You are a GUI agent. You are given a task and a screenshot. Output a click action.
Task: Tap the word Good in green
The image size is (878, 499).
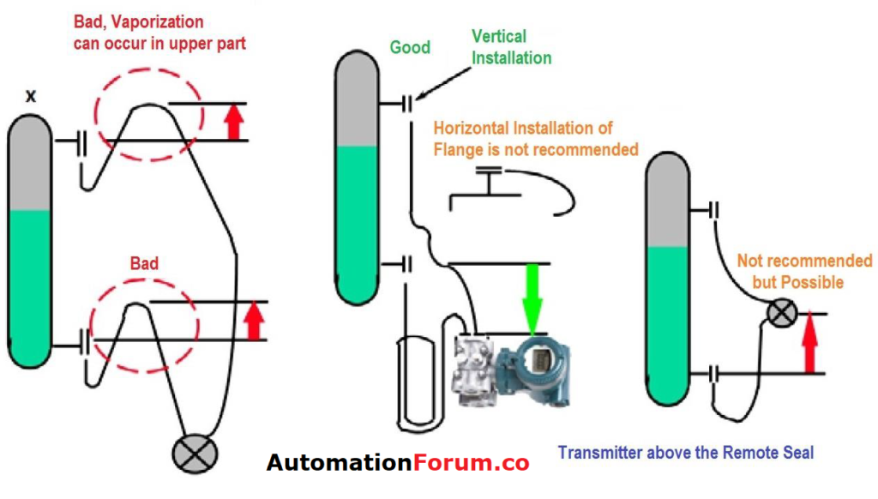pos(410,46)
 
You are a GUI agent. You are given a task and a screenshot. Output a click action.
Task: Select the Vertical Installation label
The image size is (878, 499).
pos(511,47)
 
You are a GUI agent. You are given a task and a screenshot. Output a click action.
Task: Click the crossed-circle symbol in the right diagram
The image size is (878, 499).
pos(781,313)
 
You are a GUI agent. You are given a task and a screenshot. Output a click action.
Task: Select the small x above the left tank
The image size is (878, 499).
pos(31,97)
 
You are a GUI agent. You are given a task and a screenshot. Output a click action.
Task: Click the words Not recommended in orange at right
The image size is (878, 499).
pos(804,262)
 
